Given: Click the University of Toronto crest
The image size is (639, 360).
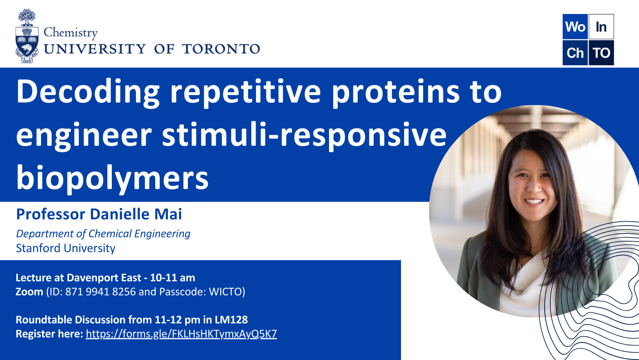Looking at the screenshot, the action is click(x=27, y=36).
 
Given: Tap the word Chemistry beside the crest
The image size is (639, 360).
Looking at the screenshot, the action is click(x=71, y=33).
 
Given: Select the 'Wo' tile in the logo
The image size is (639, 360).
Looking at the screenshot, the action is click(x=575, y=26).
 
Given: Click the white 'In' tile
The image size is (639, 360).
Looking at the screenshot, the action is click(x=601, y=26).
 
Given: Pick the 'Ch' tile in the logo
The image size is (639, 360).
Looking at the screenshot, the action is click(x=575, y=53).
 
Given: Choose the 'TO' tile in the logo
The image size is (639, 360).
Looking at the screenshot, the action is click(x=601, y=53).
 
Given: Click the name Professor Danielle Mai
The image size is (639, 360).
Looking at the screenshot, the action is click(x=99, y=214).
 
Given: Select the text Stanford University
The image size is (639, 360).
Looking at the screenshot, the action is click(x=65, y=248).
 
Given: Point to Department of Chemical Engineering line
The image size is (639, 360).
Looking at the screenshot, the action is click(x=103, y=234).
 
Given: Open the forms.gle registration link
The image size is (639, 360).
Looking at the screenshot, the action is click(x=182, y=334).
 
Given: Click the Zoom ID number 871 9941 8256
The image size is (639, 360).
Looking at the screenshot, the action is click(x=101, y=292).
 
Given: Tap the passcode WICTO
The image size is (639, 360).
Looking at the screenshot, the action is click(x=225, y=292).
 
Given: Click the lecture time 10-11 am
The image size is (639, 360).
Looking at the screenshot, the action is click(x=173, y=277).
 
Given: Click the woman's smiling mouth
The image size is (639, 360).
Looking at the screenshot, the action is click(x=534, y=202).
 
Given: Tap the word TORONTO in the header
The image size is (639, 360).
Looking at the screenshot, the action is click(x=221, y=49).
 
